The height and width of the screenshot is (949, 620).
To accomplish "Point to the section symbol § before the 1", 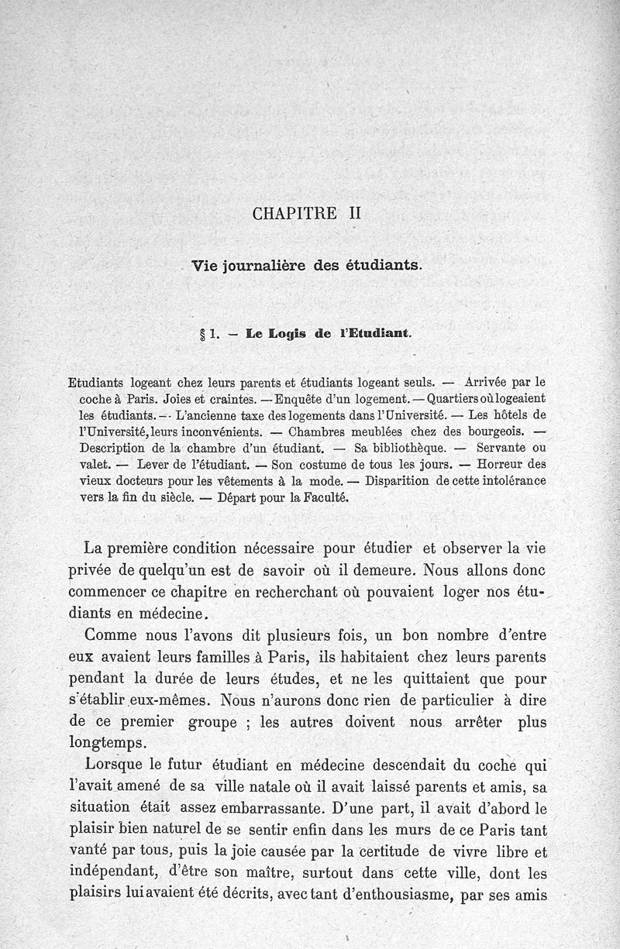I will (202, 335).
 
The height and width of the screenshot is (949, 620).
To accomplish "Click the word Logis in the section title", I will (269, 335).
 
